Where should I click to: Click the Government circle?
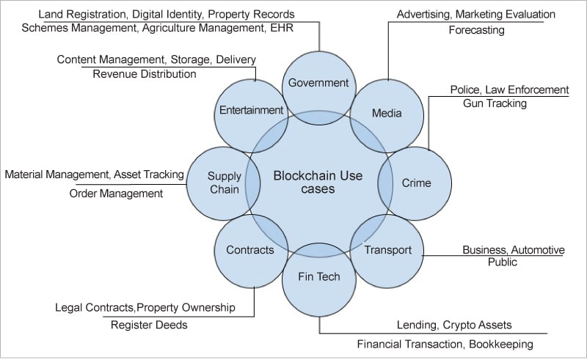click(x=318, y=82)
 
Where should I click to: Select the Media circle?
click(x=387, y=114)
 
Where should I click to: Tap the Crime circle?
click(x=416, y=183)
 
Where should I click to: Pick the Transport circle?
click(x=388, y=250)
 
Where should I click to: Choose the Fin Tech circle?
click(x=318, y=277)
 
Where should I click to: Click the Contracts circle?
click(x=249, y=250)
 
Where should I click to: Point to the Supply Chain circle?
click(x=223, y=183)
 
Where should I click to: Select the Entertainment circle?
click(x=251, y=111)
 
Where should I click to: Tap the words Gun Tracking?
click(x=495, y=103)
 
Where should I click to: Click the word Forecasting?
click(x=476, y=31)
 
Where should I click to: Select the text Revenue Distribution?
click(x=145, y=73)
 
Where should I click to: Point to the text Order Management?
click(x=116, y=194)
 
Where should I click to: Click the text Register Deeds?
click(x=149, y=324)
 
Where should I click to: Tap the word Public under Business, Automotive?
click(x=503, y=262)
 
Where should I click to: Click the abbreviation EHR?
click(x=283, y=28)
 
